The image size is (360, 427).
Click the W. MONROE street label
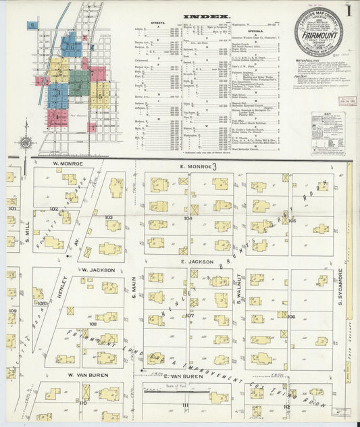68,164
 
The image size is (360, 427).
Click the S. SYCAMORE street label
341,286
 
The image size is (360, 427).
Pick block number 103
108,218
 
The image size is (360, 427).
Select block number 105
292,220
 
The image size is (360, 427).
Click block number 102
53,209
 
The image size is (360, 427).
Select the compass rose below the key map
26,143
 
